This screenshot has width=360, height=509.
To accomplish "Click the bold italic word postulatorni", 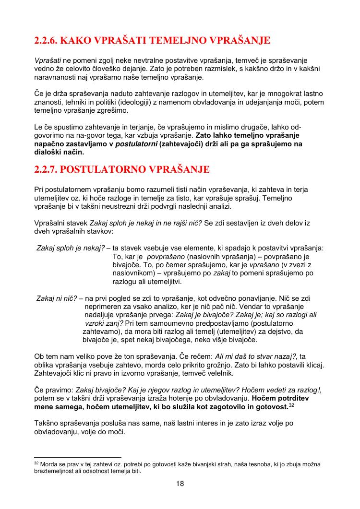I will tap(137, 144).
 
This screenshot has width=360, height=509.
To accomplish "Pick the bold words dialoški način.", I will tap(59, 153).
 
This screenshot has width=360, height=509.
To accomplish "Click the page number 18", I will tap(180, 484).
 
